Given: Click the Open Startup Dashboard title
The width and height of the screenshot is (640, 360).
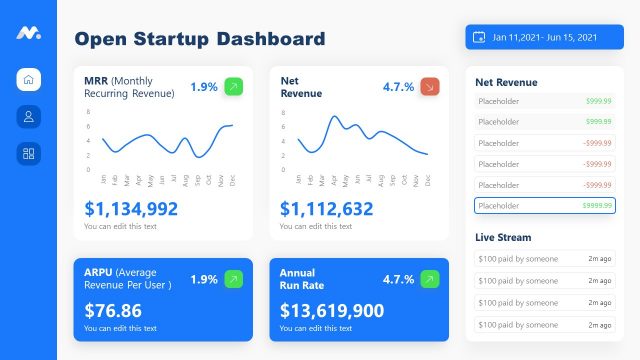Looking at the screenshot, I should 200,39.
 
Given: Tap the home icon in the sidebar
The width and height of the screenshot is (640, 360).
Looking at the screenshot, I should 28,80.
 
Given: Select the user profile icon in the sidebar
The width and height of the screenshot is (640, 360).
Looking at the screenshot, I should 28,116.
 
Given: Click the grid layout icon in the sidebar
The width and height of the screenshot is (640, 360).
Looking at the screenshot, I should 28,153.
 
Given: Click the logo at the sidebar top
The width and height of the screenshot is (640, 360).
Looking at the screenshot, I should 28,33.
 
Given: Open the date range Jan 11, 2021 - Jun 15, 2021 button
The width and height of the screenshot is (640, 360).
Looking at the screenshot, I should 538,37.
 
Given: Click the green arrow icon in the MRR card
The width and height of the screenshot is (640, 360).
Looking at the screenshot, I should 233,87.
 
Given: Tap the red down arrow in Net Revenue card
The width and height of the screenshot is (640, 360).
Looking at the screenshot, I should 430,87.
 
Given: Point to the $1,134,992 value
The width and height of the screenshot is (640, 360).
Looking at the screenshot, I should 131,209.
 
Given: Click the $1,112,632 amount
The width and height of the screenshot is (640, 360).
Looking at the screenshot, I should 326,209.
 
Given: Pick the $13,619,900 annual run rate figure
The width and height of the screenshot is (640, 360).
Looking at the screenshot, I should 332,311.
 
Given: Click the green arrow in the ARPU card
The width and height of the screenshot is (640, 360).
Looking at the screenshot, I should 233,279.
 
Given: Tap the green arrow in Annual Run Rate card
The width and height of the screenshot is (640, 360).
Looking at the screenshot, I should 430,279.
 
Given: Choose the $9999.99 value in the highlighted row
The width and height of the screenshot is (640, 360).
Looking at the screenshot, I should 596,206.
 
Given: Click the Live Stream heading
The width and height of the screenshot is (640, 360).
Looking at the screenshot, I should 503,237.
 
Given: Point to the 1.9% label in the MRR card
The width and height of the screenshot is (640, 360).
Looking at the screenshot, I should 203,87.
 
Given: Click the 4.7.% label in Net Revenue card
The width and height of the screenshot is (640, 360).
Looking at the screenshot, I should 398,87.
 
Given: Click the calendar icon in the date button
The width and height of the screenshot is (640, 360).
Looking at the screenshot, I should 480,37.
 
